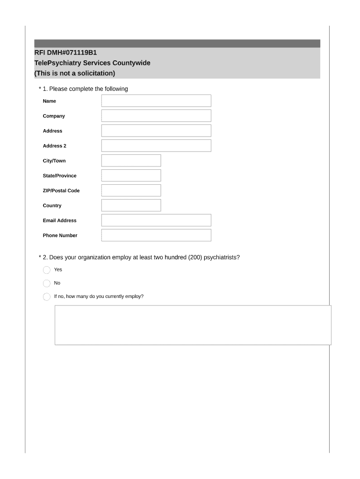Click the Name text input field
(x=156, y=101)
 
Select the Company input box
(x=156, y=116)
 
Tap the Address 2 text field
(x=156, y=146)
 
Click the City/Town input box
(x=131, y=161)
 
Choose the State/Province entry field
(x=131, y=176)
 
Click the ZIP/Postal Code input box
(x=131, y=191)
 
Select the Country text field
(x=131, y=206)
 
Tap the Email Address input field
(x=156, y=220)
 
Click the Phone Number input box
(x=156, y=235)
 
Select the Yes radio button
(x=46, y=270)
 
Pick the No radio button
(x=46, y=283)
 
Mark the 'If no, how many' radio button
(x=46, y=297)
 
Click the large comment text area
(x=193, y=325)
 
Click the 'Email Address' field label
(x=59, y=221)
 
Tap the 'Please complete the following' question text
(x=88, y=89)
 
